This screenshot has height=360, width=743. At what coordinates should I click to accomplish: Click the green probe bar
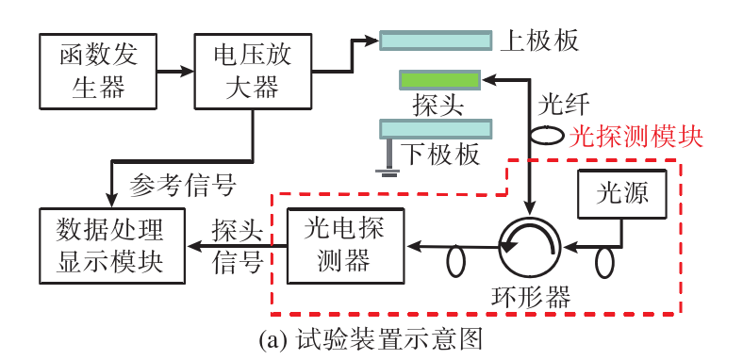[438, 79]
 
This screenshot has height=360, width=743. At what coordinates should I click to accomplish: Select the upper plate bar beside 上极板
[436, 40]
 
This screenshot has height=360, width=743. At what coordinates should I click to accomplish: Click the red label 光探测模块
[636, 135]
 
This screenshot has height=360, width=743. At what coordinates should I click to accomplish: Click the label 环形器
[533, 298]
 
